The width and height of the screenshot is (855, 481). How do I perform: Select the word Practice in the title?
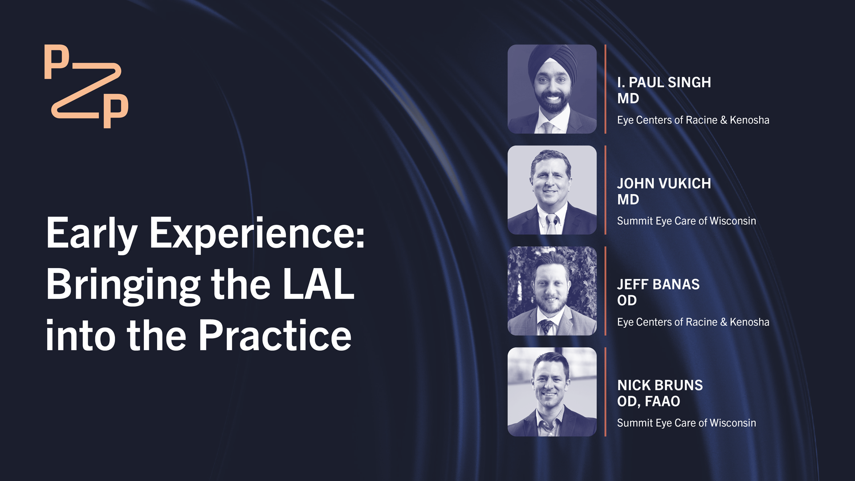pos(275,335)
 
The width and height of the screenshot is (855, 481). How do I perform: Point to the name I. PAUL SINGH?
pos(664,82)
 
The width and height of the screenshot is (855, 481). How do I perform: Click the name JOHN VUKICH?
pos(664,183)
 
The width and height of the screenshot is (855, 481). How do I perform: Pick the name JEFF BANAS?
pos(658,284)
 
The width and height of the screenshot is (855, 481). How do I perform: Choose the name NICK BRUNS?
pos(660,385)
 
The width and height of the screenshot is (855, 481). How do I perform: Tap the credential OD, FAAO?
pos(648,401)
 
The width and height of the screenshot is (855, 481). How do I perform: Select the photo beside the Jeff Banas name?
pos(552,291)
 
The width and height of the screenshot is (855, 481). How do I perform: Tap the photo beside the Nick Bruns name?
pos(552,392)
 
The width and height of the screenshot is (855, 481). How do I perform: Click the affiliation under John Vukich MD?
pos(686,221)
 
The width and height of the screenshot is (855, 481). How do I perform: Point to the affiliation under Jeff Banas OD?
pos(693,322)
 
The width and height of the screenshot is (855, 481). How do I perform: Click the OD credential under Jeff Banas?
pos(627,301)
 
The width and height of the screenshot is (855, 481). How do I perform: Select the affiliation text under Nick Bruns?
pos(686,423)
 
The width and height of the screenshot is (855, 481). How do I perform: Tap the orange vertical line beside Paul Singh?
pos(606,89)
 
